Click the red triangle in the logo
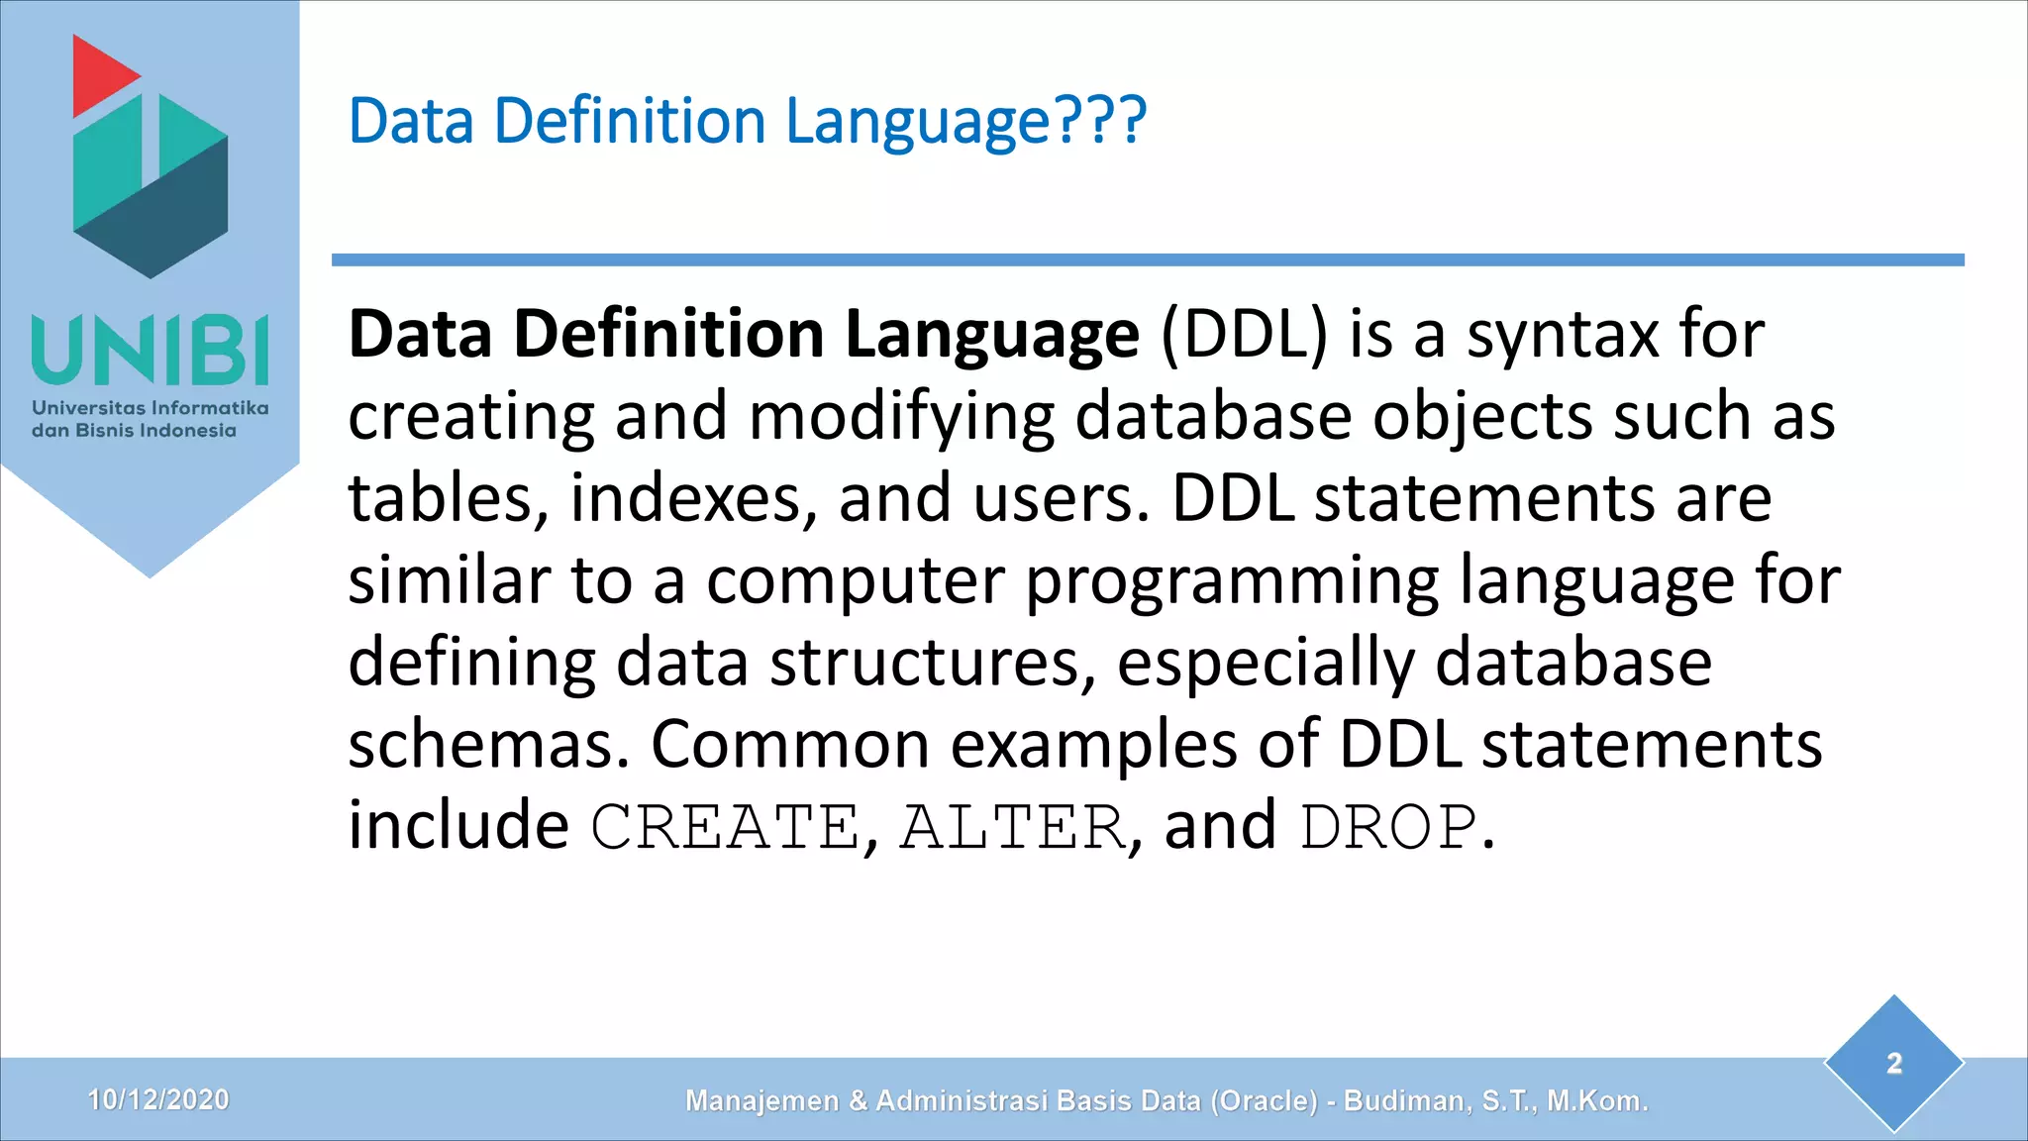[x=99, y=75]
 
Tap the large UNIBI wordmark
[x=151, y=351]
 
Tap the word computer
[x=856, y=582]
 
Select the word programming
[x=1232, y=582]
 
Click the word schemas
[x=488, y=745]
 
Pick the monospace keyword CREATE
[x=725, y=828]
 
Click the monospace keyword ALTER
[x=1013, y=828]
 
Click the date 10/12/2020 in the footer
[x=158, y=1099]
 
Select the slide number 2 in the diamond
[x=1894, y=1064]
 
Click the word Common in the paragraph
[x=789, y=745]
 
